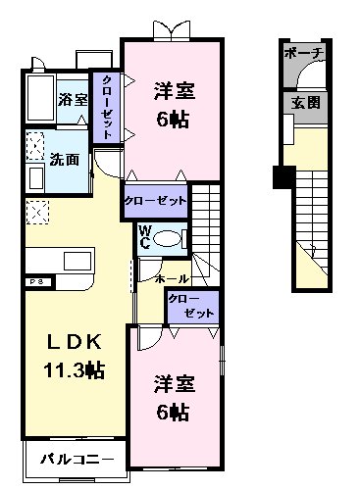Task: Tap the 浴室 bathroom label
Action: point(73,99)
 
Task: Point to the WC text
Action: point(143,239)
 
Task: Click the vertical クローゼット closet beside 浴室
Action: point(106,108)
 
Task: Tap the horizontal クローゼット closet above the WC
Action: point(155,200)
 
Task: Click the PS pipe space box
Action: point(35,282)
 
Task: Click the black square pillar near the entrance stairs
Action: point(283,178)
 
